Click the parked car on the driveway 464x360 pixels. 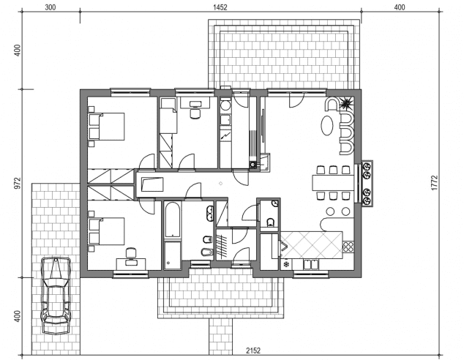[x=56, y=296]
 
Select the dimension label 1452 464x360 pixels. [x=220, y=7]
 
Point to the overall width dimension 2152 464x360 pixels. [x=253, y=350]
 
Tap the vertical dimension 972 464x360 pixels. [x=18, y=183]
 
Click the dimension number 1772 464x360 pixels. [x=434, y=183]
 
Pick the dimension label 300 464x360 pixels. [x=50, y=7]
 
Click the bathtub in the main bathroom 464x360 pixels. [x=172, y=220]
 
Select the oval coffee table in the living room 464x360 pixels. [x=327, y=125]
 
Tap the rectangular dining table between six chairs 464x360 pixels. [x=333, y=183]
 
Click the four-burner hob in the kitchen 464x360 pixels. [x=348, y=247]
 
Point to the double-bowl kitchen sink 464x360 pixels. [x=311, y=264]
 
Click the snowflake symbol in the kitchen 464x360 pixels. [x=286, y=264]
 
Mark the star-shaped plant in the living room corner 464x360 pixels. [x=345, y=103]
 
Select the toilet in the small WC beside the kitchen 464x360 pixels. [x=270, y=222]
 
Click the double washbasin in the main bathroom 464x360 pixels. [x=210, y=214]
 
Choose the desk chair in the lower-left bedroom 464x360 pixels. [x=130, y=253]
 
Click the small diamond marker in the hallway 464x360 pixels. [x=220, y=184]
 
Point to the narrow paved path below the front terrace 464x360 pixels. [x=221, y=337]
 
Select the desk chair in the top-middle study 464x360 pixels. [x=195, y=113]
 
